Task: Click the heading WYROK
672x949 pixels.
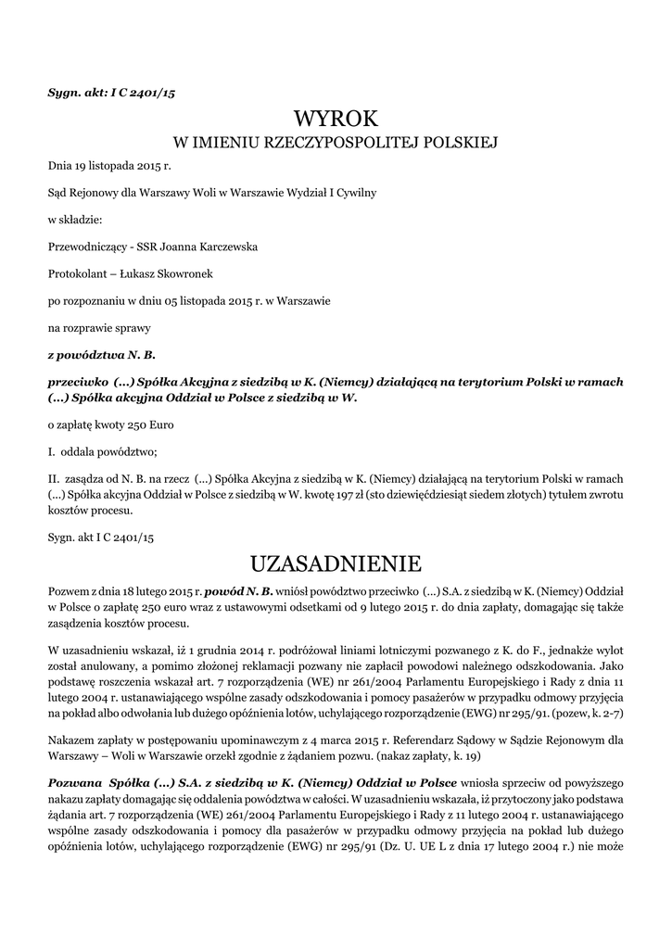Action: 336,119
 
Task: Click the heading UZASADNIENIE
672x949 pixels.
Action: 336,563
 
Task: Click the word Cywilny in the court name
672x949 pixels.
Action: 354,193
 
